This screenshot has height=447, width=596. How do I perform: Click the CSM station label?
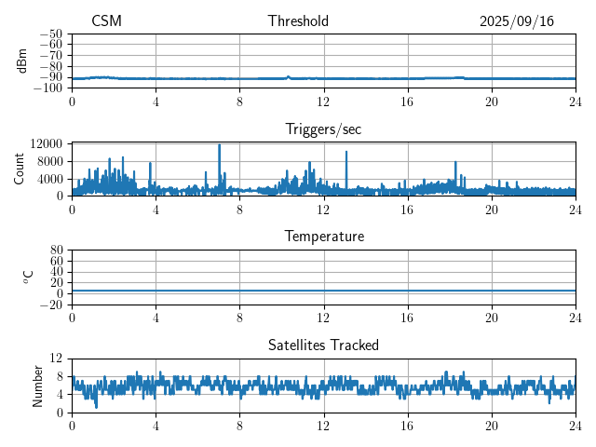[106, 21]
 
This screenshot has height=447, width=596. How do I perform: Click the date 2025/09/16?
[517, 21]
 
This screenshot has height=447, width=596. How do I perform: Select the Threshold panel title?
[298, 21]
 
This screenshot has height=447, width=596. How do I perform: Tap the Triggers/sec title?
[323, 129]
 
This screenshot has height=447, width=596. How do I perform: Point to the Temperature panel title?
[323, 237]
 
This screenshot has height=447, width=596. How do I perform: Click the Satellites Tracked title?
[323, 345]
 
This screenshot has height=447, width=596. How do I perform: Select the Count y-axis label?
[19, 169]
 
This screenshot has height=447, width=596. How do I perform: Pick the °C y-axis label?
[28, 277]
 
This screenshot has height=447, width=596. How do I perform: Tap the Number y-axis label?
[37, 386]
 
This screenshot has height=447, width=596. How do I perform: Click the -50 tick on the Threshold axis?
[51, 33]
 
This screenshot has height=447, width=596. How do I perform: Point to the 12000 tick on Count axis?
[46, 144]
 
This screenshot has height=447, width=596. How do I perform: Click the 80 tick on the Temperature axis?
[56, 251]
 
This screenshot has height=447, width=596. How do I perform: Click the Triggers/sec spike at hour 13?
[346, 153]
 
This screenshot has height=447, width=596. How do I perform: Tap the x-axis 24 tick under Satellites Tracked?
[575, 425]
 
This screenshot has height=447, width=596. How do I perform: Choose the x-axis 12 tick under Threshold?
[323, 101]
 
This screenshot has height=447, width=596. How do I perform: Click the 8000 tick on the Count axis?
[48, 161]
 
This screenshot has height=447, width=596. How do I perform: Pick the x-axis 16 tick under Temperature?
[407, 317]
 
